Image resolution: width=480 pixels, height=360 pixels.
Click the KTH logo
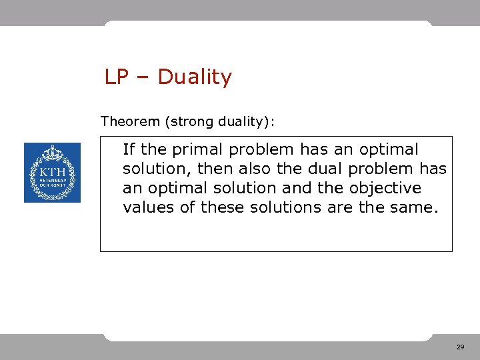tap(52, 173)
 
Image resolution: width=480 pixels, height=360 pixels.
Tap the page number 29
tap(460, 347)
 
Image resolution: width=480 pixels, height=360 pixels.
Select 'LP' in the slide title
tap(115, 77)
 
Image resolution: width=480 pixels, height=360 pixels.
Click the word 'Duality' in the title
tap(195, 77)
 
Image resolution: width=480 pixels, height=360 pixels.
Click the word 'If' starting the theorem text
tap(129, 149)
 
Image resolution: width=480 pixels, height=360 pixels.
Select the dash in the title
tap(143, 78)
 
